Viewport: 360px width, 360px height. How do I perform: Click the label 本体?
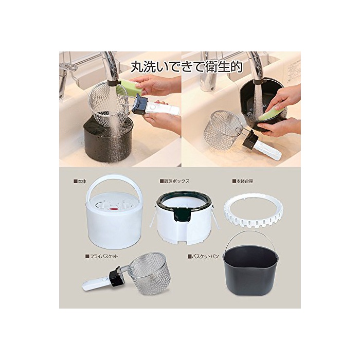pos(80,181)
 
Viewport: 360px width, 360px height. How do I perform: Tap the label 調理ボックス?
pos(175,181)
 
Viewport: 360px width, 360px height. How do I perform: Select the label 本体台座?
pos(243,181)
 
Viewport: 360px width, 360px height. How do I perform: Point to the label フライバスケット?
pos(101,256)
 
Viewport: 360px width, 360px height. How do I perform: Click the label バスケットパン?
pos(203,256)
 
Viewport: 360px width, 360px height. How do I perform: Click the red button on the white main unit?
pos(114,209)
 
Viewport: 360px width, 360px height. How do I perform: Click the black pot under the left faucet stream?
pos(107,141)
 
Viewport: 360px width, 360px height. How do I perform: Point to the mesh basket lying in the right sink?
pos(222,130)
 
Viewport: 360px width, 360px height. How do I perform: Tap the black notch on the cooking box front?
pos(182,214)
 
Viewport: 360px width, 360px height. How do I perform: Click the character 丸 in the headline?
pos(137,66)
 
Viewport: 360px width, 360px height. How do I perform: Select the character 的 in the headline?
pos(236,66)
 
